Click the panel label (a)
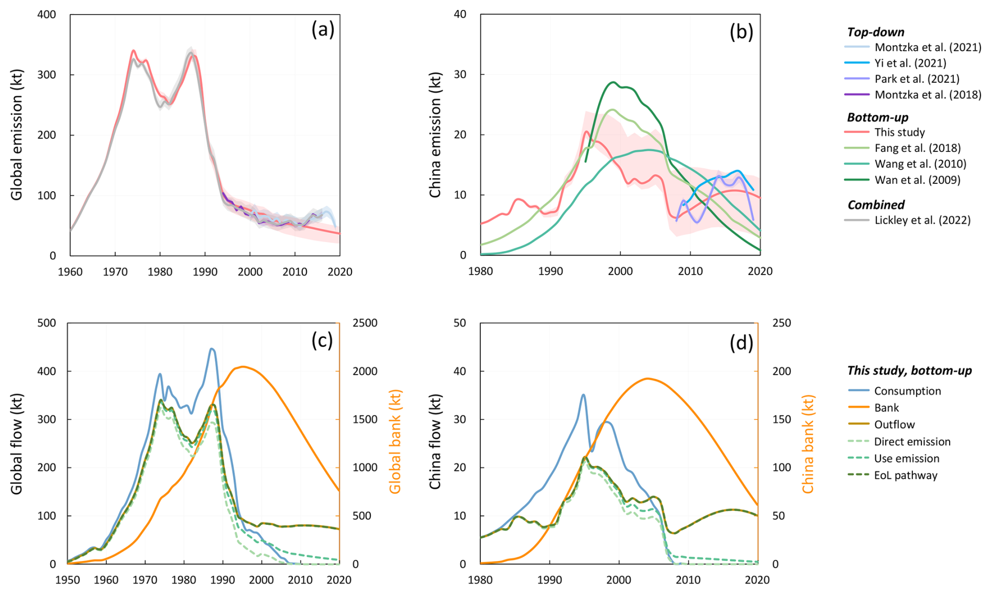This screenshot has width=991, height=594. pos(323,30)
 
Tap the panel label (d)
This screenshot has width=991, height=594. pos(741,343)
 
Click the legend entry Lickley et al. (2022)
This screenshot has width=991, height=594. pos(922,221)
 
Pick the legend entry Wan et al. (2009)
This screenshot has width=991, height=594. pos(917,180)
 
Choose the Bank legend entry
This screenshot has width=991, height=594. pos(886,408)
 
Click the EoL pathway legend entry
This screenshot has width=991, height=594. pos(906,476)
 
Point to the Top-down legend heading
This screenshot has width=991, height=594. pos(875,32)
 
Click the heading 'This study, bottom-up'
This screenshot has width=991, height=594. pos(909,371)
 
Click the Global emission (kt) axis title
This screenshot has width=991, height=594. pos(17,135)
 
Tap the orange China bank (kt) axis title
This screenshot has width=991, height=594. pos(808,444)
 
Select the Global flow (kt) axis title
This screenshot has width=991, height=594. pos(17,444)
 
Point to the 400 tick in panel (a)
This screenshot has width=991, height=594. pos(47,15)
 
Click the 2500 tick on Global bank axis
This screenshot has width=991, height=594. pos(365,323)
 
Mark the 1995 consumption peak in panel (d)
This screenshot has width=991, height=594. pos(583,395)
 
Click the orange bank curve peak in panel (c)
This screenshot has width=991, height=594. pos(243,367)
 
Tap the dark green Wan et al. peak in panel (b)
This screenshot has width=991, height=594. pos(613,82)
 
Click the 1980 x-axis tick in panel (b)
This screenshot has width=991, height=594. pos(481,271)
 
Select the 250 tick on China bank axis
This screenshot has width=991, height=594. pos(781,323)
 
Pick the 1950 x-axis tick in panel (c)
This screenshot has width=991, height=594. pos(68,580)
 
